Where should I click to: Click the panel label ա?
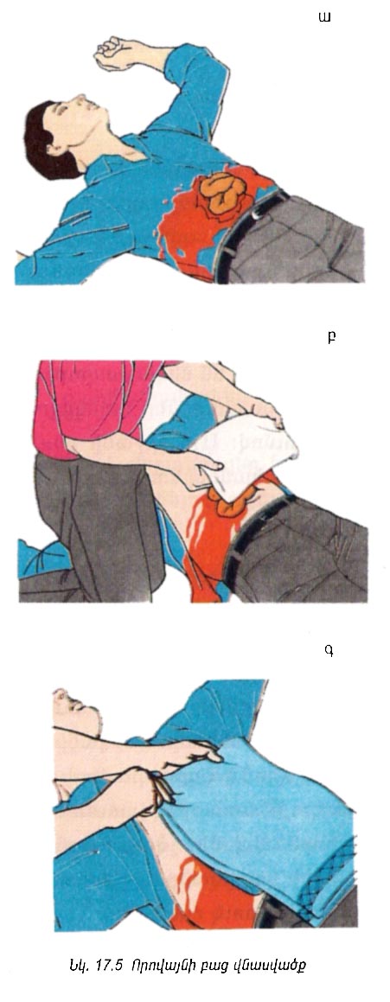tap(325, 17)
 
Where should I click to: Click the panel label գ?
tap(329, 653)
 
